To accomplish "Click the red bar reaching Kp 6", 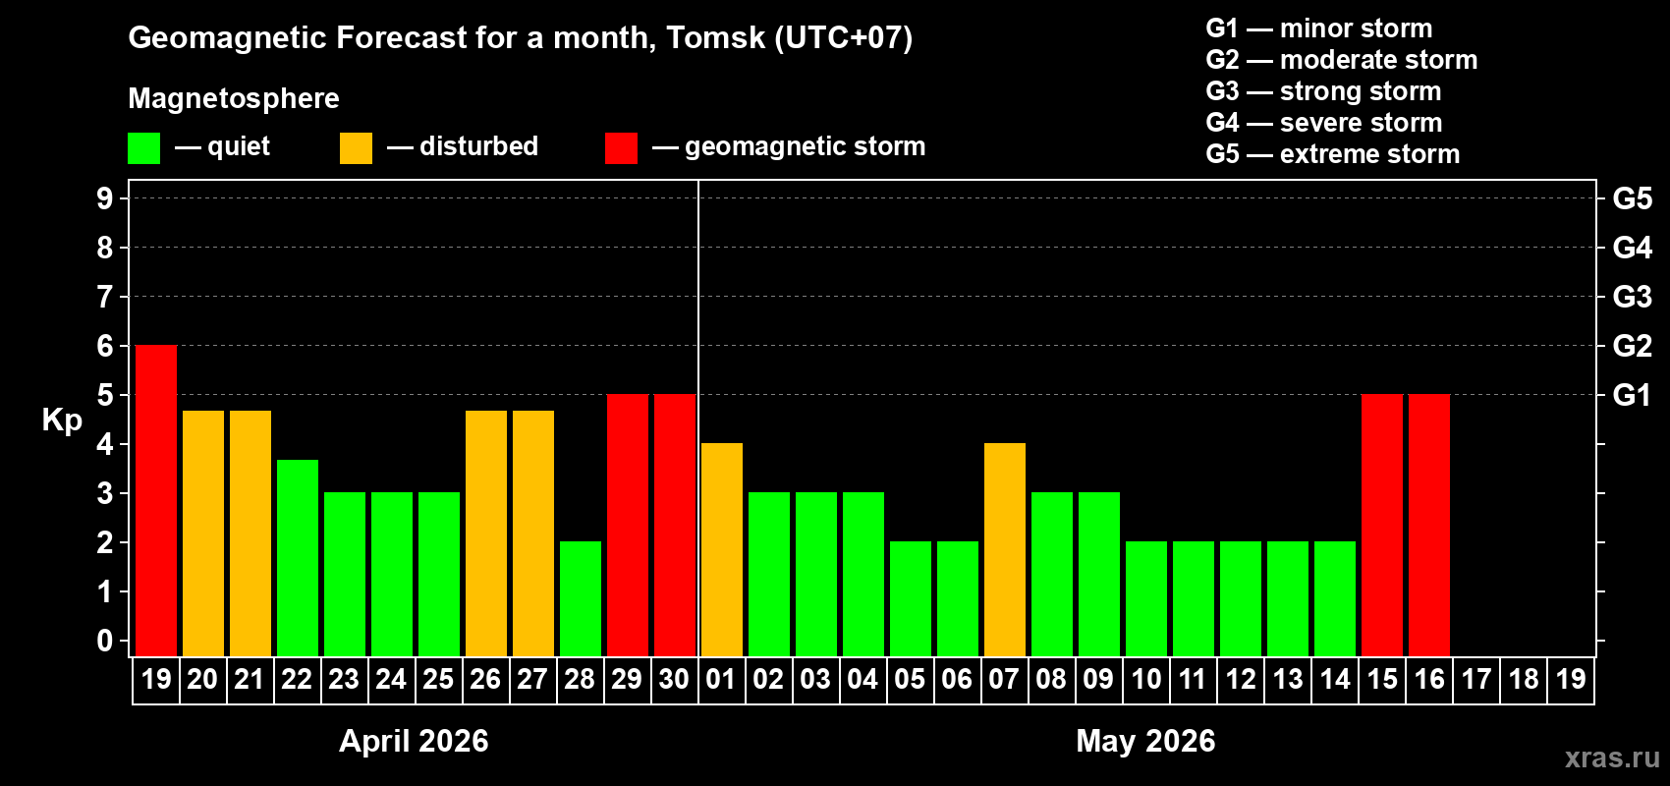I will point(156,500).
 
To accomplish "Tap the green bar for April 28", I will point(581,598).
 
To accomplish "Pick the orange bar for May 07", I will point(1005,549).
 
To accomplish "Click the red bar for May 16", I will point(1429,525).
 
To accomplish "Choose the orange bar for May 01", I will point(722,549).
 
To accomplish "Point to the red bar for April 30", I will point(675,525).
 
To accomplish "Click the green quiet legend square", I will point(144,148).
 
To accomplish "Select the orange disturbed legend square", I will point(356,148).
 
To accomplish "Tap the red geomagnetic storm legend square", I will point(621,148).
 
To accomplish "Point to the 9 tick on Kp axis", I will point(105,198).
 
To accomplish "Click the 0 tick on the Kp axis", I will point(105,641).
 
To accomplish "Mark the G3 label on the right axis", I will point(1632,297).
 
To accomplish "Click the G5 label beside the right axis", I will point(1632,198).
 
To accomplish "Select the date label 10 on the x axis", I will point(1146,679).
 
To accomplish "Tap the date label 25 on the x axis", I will point(438,679).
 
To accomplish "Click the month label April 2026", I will point(414,741).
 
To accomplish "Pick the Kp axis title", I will point(62,420).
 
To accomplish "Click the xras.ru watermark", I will point(1612,758).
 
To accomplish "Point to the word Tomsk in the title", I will point(715,37).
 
